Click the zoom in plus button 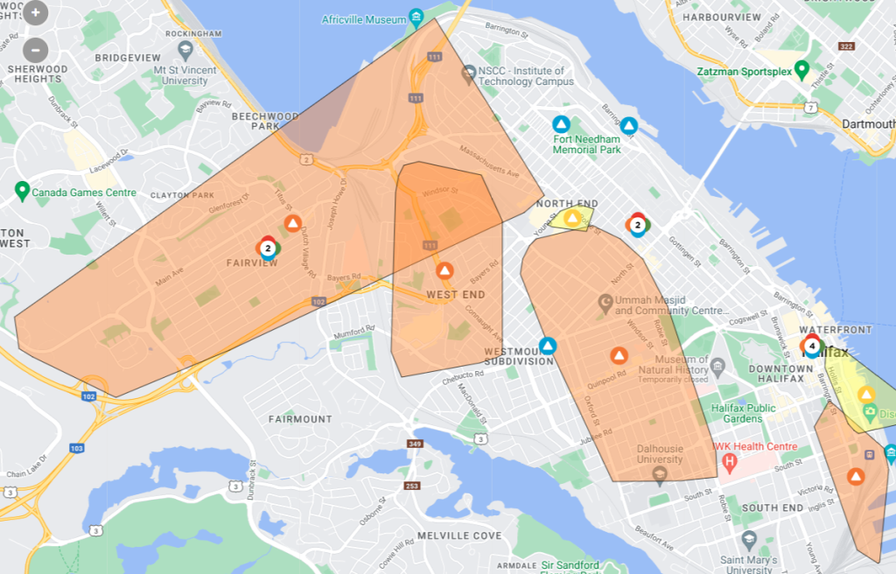point(36,14)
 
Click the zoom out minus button point(36,49)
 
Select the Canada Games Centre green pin point(23,190)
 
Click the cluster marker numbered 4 point(811,346)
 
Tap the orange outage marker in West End point(444,271)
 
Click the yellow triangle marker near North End point(572,218)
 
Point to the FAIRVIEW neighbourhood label point(253,262)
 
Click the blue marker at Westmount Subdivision point(548,346)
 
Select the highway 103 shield point(77,448)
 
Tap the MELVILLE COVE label point(458,535)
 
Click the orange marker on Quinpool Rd point(619,355)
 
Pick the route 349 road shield point(414,444)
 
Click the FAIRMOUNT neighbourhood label point(300,419)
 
